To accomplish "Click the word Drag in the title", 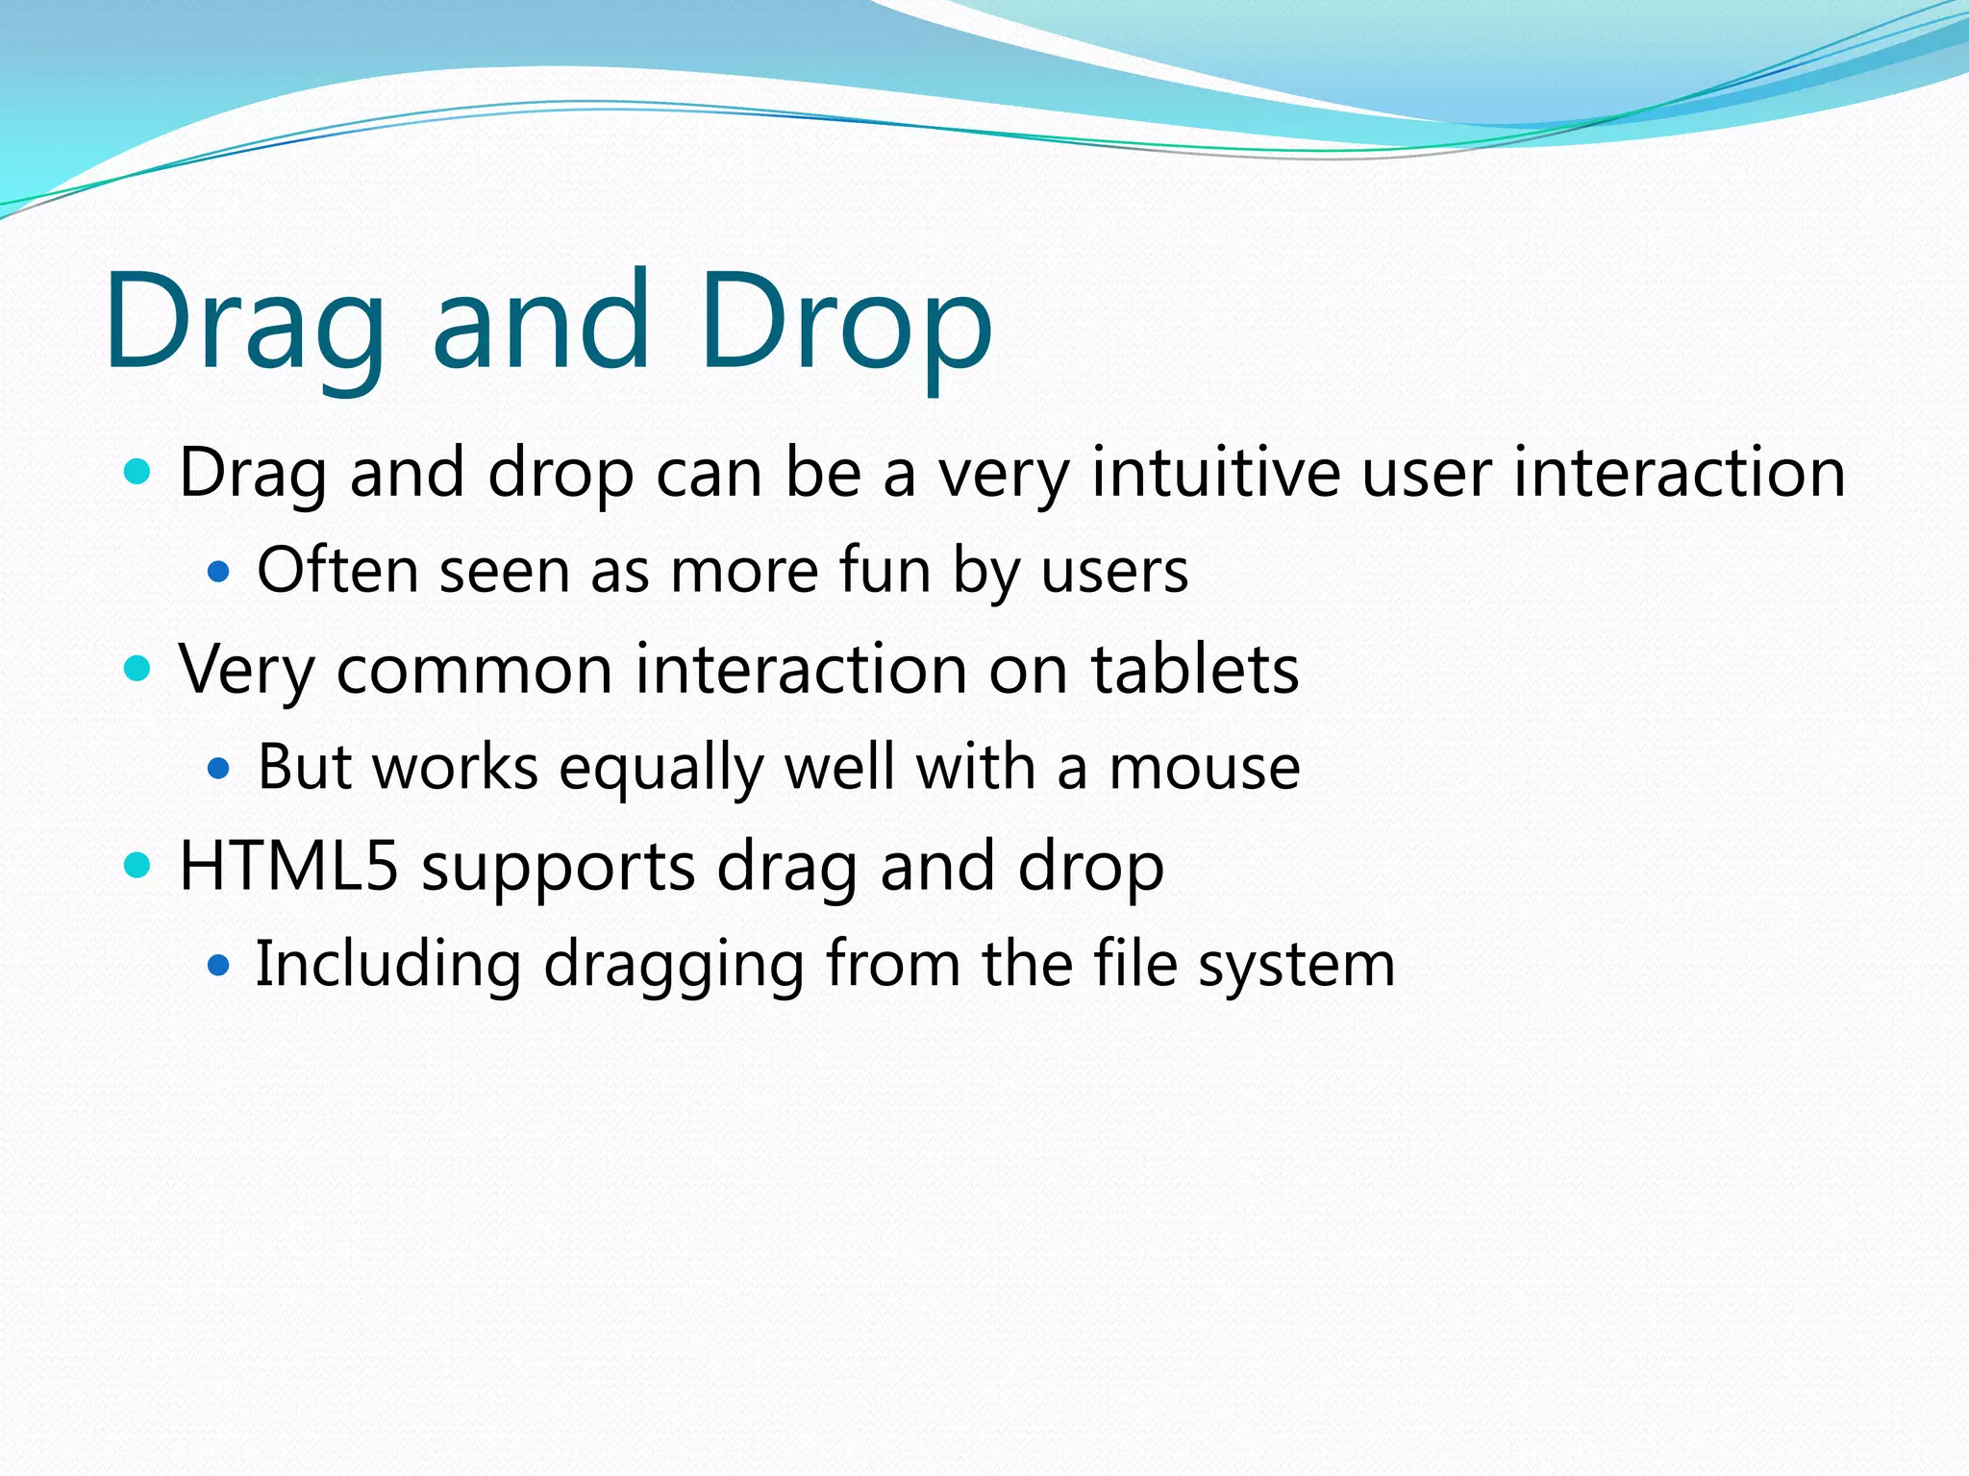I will pos(245,322).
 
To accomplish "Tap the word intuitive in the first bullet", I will pos(1215,473).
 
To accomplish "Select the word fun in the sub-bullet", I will pos(885,571).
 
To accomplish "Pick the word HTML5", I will pos(288,866).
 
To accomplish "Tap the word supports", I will pos(558,870).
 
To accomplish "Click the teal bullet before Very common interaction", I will pos(138,669).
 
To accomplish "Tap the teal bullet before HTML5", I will pos(138,865).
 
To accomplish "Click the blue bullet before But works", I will pos(219,769).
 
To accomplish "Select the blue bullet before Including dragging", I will pos(219,965).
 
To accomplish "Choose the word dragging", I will pos(673,966).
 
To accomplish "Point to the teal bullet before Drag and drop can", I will pos(138,472).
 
